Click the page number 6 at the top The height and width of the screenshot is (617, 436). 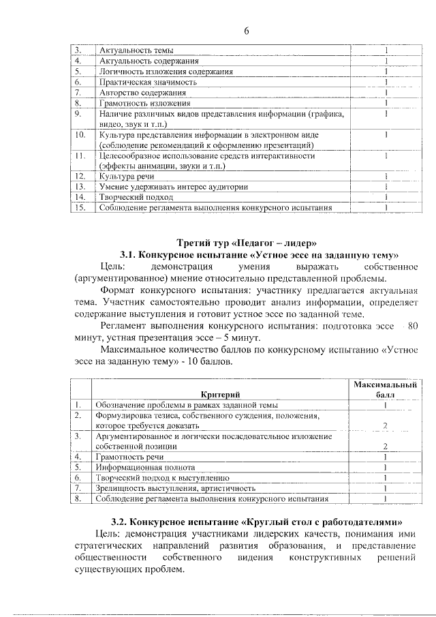tap(246, 31)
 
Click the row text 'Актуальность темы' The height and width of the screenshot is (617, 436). tap(136, 50)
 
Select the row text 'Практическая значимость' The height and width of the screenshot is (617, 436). tap(148, 82)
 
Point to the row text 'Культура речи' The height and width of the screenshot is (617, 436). tap(125, 176)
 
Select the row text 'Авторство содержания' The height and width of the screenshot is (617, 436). tap(141, 93)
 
